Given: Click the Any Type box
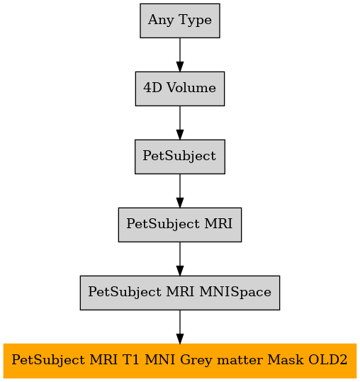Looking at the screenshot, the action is (180, 21).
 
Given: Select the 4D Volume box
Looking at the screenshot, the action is (180, 89).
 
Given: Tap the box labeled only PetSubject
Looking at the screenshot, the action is (180, 157).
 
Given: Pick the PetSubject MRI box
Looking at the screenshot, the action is (180, 225).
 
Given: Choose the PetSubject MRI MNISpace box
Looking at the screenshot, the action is (180, 293).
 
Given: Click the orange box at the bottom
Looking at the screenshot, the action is (180, 361).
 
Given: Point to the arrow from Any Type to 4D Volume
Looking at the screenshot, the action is (180, 55).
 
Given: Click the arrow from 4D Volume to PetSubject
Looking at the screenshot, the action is (180, 123).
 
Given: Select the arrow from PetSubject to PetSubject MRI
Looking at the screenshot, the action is (180, 191).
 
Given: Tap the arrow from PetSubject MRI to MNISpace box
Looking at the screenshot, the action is (180, 259).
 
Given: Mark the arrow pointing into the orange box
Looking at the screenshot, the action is (180, 327).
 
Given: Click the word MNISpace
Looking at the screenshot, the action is (235, 293).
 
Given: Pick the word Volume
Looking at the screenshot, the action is (191, 87).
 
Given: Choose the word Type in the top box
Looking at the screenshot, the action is (195, 21).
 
